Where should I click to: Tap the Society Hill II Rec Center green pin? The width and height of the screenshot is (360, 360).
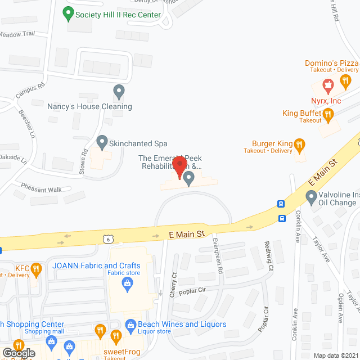point(68,11)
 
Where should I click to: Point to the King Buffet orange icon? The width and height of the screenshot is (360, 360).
point(329,114)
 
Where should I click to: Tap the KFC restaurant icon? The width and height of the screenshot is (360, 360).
point(37,269)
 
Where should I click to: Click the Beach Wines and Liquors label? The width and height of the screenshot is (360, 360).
point(182,324)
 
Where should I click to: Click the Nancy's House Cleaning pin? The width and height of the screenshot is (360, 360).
point(118,91)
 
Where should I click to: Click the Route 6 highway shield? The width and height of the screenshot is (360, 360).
point(111,239)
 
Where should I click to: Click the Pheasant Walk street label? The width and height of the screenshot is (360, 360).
point(41,190)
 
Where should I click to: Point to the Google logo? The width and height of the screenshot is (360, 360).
point(18,353)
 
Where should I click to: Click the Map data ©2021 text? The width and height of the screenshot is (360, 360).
point(336,355)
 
